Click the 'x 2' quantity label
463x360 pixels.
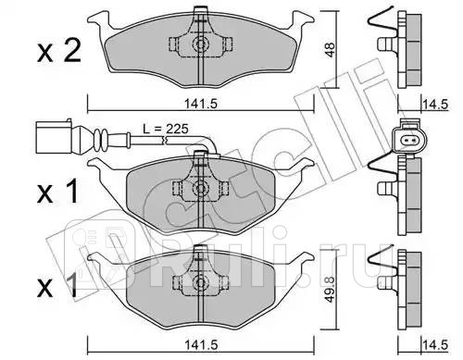click(x=59, y=51)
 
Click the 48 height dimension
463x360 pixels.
click(x=330, y=50)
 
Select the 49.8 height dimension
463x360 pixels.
click(x=330, y=290)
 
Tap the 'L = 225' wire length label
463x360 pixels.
click(x=166, y=129)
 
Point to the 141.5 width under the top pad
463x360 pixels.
click(x=201, y=104)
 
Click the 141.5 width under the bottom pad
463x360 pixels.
click(x=201, y=345)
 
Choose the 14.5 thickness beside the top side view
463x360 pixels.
click(x=435, y=105)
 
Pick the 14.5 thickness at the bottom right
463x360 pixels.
click(x=435, y=345)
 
